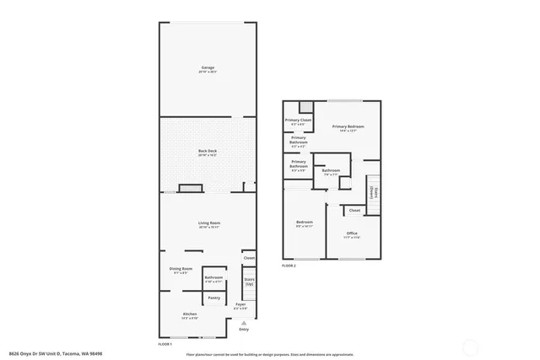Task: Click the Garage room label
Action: click(x=208, y=67)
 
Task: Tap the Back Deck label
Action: click(x=208, y=150)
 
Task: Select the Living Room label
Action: click(x=208, y=223)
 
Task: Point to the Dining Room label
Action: click(x=181, y=268)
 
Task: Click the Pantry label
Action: click(x=213, y=298)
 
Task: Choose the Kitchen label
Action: click(x=190, y=314)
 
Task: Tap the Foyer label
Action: click(x=240, y=304)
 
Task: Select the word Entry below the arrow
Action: click(x=244, y=329)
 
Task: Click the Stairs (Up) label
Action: click(x=249, y=282)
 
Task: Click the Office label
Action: click(x=352, y=234)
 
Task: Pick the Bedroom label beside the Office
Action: click(x=304, y=223)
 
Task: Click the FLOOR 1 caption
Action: click(x=165, y=344)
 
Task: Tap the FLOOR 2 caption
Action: click(x=289, y=266)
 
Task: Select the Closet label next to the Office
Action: click(x=354, y=210)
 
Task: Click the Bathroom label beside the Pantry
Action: click(x=213, y=277)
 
